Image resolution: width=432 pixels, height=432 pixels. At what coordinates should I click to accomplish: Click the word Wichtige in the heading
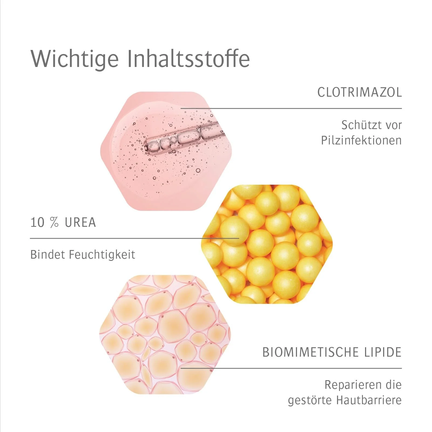tap(75, 59)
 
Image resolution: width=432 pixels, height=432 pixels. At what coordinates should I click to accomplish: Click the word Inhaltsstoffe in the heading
tap(188, 59)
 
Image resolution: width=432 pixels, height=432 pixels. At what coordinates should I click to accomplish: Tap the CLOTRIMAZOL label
tap(359, 92)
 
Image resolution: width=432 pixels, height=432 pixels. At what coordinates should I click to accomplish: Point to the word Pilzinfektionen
tap(361, 140)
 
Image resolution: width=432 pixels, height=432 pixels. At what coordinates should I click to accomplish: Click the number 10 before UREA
tap(37, 222)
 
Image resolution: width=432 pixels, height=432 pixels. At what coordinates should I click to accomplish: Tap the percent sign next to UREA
tap(54, 222)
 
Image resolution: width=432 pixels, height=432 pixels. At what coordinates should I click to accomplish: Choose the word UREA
tap(80, 222)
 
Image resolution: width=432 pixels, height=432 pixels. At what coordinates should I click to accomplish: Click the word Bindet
tap(48, 255)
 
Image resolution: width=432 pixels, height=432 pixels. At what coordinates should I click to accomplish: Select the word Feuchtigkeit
tap(102, 255)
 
